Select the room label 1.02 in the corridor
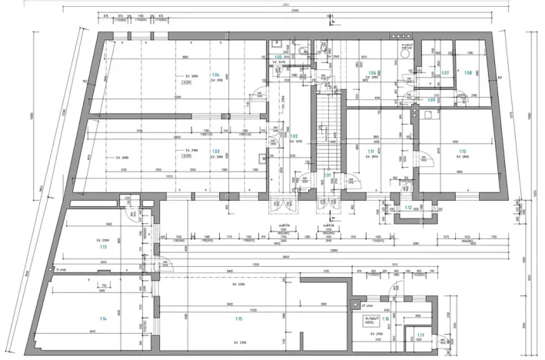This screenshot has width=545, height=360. pyautogui.click(x=294, y=136)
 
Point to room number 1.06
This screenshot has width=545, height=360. pyautogui.click(x=372, y=72)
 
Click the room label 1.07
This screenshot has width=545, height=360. pyautogui.click(x=444, y=73)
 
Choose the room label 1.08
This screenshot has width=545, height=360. pyautogui.click(x=467, y=73)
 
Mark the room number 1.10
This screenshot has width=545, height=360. pyautogui.click(x=463, y=152)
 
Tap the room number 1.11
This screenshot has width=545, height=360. pyautogui.click(x=371, y=152)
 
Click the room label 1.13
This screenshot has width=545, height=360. pyautogui.click(x=103, y=248)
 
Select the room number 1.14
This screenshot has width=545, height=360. pyautogui.click(x=103, y=318)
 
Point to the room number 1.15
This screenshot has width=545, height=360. pyautogui.click(x=239, y=318)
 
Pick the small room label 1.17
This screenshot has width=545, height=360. pyautogui.click(x=420, y=335)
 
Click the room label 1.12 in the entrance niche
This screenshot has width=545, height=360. pyautogui.click(x=408, y=207)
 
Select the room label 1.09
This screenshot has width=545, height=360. pyautogui.click(x=431, y=100)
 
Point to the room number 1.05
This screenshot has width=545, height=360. pyautogui.click(x=277, y=57)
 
